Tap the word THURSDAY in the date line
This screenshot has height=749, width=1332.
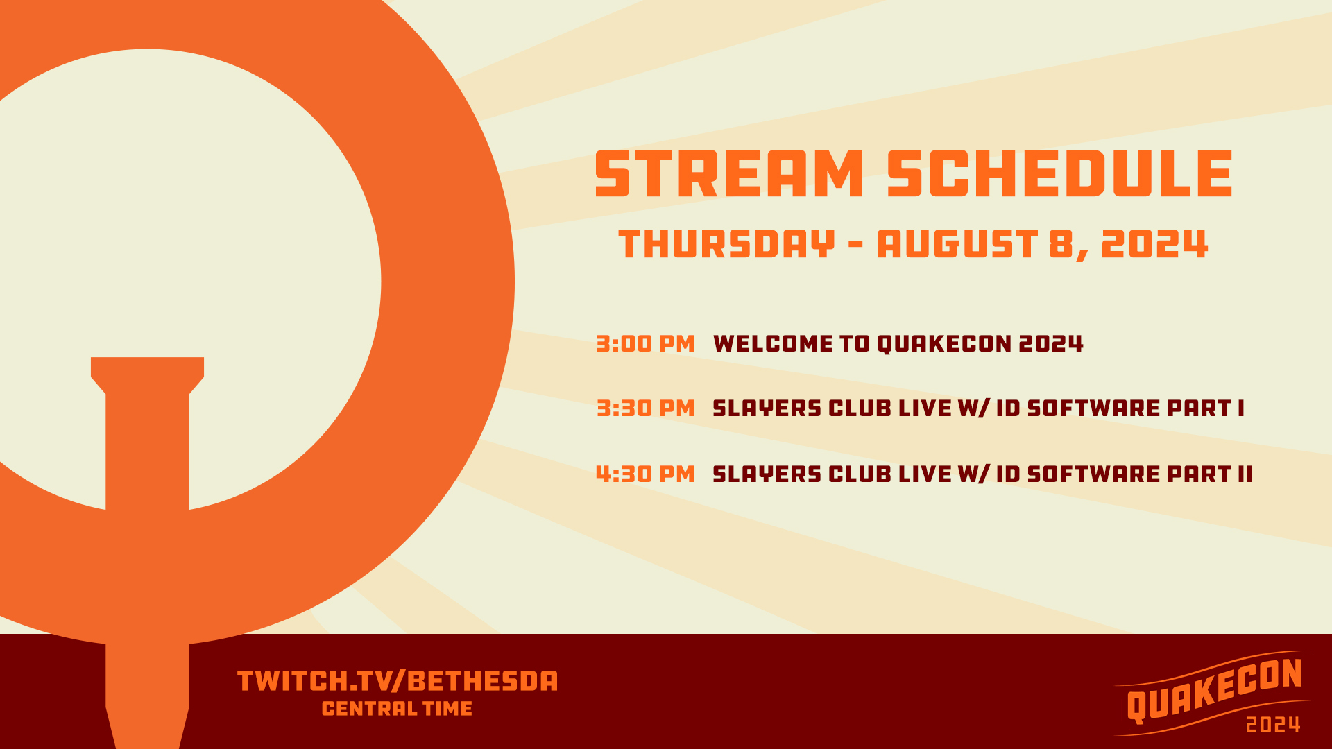coord(726,244)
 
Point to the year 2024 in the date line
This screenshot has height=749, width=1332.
coord(1154,244)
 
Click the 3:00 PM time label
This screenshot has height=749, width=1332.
coord(645,344)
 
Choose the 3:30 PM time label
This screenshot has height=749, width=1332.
coord(645,408)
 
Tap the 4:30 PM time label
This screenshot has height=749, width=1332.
coord(645,474)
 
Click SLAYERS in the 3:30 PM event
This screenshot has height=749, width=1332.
coord(767,408)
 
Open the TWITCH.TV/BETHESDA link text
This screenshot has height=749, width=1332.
coord(397,681)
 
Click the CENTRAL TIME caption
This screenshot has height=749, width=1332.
coord(397,709)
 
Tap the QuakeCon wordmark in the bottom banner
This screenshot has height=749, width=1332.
coord(1214,690)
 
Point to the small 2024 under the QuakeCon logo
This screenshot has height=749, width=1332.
coord(1272,725)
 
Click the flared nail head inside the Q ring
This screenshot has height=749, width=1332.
coord(147,374)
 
